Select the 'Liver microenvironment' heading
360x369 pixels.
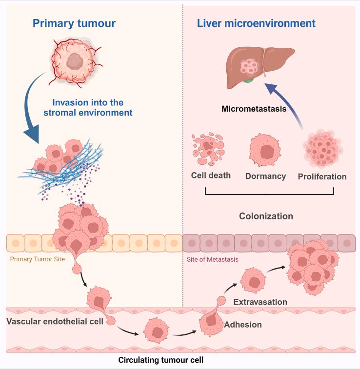click(x=256, y=23)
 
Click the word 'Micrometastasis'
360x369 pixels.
click(x=254, y=110)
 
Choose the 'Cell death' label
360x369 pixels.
click(x=211, y=176)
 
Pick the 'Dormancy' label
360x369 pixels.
click(x=266, y=176)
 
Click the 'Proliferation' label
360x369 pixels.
click(x=322, y=176)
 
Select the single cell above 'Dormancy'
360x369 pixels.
click(x=266, y=151)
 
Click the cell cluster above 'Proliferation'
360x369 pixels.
click(x=321, y=151)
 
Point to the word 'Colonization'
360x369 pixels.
click(x=266, y=215)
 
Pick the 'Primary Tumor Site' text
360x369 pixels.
click(x=38, y=259)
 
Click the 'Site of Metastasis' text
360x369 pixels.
click(x=213, y=259)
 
